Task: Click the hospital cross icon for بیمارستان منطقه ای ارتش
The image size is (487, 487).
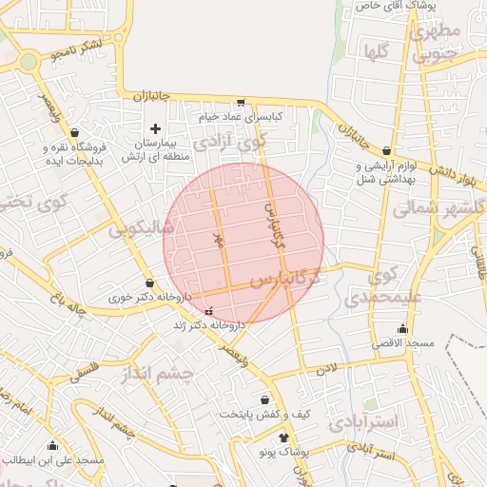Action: click(156, 127)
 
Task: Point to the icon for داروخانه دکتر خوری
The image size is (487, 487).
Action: click(149, 282)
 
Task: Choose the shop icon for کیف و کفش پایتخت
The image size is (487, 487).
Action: click(264, 400)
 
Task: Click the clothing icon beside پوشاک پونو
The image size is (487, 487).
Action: click(283, 438)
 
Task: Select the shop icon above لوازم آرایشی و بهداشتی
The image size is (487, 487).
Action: click(386, 150)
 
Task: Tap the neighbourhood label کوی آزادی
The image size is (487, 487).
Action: click(228, 144)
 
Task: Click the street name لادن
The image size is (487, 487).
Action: click(326, 367)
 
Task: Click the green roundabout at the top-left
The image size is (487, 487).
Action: click(29, 62)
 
